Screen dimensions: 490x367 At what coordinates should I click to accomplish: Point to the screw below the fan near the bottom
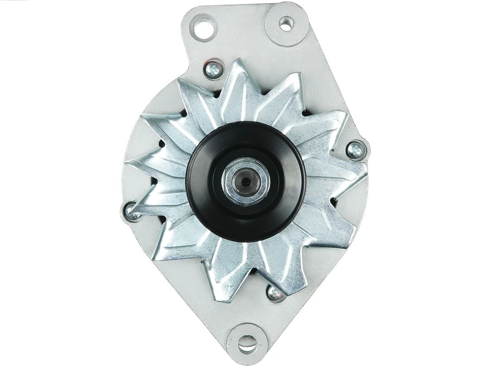point(275,294)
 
